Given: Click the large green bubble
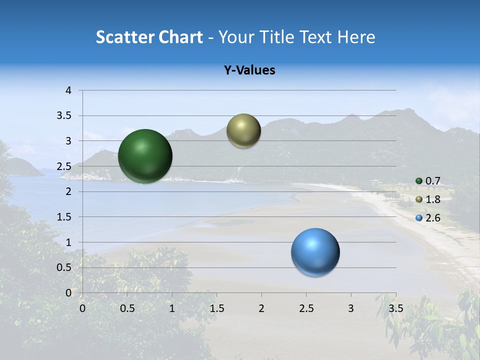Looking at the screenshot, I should tap(145, 156).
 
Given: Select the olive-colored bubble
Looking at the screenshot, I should tap(243, 130).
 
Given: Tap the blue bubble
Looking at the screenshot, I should tap(315, 252).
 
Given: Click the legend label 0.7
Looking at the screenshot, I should tap(432, 181).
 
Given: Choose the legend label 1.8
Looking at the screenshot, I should tap(432, 199).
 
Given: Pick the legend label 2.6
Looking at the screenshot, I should tap(432, 218).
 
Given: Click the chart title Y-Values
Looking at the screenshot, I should tap(249, 70).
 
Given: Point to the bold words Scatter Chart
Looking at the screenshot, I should tap(149, 37).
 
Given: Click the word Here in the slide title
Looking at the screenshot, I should tap(355, 37).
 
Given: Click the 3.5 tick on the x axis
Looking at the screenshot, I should tap(395, 308).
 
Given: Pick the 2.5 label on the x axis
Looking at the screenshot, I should tap(306, 308).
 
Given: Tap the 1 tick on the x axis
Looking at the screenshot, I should tap(172, 308).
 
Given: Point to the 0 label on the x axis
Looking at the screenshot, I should tap(82, 308).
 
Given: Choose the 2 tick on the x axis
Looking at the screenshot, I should tap(261, 308).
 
